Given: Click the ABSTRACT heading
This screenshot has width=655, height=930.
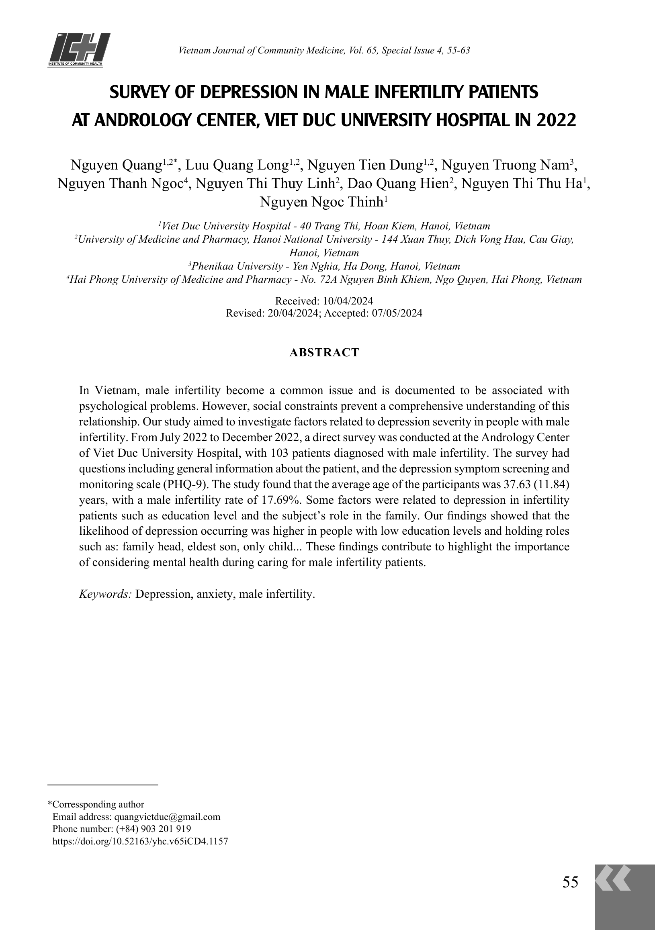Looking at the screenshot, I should [x=324, y=353].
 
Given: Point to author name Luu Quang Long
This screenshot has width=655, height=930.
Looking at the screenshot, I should [x=237, y=166].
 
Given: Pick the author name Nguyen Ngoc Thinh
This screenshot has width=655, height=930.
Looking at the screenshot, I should [x=321, y=202].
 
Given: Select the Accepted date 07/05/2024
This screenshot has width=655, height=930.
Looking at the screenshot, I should [x=397, y=313].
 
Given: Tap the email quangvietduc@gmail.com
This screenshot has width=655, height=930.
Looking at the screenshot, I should [x=167, y=817].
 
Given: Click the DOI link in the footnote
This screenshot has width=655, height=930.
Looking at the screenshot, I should [x=141, y=841].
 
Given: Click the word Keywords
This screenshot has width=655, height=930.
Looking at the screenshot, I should [x=105, y=594].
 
